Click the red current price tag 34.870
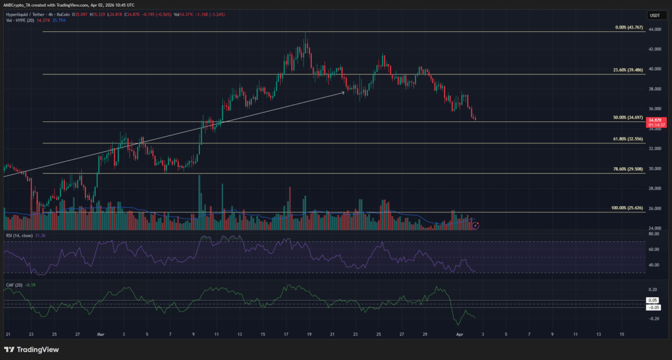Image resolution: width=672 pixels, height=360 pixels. click(655, 120)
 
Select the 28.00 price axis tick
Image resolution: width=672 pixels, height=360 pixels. click(654, 189)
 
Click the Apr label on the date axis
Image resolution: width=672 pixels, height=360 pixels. click(460, 334)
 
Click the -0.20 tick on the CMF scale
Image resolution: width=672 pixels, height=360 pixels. click(654, 319)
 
